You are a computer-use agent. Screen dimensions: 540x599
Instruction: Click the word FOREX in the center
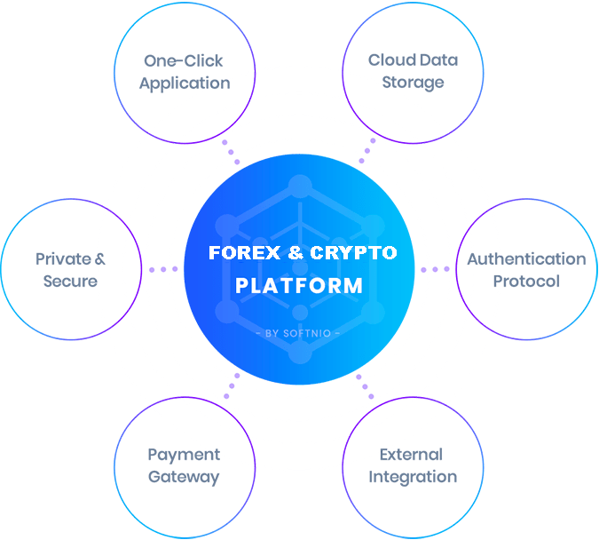point(237,253)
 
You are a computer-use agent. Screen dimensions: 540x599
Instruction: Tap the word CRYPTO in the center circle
point(352,253)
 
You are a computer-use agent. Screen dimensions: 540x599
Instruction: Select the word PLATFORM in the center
point(299,286)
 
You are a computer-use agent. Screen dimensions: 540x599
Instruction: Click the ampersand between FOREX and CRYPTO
point(296,253)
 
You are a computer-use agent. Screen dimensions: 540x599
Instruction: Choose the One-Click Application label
point(185,72)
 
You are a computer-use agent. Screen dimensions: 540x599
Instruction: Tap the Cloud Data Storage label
point(413,72)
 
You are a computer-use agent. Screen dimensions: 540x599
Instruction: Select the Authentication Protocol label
point(526,270)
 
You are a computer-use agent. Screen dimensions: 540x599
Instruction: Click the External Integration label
point(413,466)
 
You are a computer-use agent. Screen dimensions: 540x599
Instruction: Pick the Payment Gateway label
point(184,466)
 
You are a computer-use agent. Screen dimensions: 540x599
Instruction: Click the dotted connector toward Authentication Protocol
point(435,269)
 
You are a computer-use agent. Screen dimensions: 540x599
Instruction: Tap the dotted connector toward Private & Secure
point(163,269)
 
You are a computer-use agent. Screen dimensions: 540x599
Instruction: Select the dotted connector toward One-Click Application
point(231,151)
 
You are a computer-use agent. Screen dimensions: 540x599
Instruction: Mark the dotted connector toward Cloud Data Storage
point(366,151)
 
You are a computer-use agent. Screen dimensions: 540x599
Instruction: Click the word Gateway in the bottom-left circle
point(184,477)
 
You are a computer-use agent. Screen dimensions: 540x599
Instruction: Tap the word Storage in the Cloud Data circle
point(413,83)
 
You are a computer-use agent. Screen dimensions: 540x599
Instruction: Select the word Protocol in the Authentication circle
point(526,282)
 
